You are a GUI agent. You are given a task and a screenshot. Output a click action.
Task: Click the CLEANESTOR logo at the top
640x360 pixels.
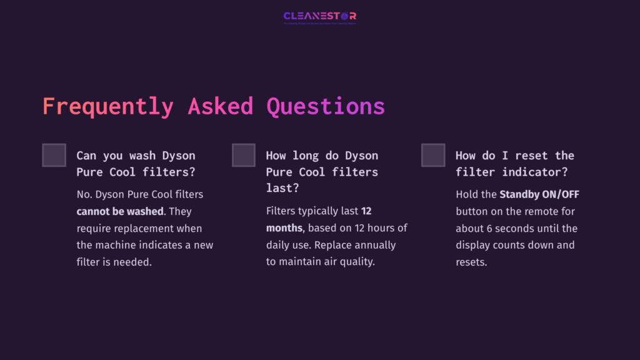pos(319,16)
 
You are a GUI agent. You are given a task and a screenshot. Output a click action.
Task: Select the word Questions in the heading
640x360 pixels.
pos(326,106)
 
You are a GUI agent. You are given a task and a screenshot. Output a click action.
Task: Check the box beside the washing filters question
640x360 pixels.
pos(54,155)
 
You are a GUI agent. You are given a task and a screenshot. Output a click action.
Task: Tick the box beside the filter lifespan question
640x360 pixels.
pos(243,155)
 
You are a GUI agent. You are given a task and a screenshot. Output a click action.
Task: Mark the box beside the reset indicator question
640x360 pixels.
pos(433,155)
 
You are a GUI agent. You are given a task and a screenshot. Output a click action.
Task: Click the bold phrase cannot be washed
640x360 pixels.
pos(119,211)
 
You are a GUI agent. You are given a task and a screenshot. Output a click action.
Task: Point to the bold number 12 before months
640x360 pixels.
pos(367,211)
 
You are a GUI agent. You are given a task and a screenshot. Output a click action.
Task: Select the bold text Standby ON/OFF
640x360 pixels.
pos(539,194)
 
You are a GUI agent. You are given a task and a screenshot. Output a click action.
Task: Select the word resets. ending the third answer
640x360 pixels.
pos(471,262)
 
